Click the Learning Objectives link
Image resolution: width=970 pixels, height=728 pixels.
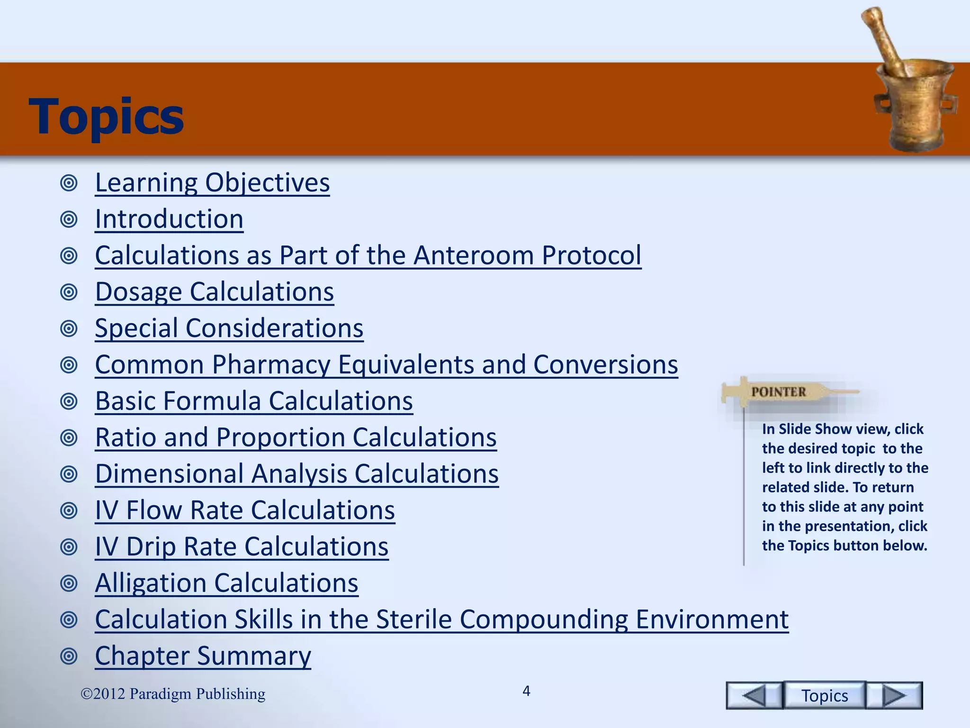tap(212, 183)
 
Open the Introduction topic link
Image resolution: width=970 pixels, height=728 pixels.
tap(169, 219)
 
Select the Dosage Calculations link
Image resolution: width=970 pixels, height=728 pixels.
tap(214, 292)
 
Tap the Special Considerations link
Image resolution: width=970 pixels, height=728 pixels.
tap(229, 328)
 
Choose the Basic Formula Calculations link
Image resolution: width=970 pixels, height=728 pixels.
tap(254, 401)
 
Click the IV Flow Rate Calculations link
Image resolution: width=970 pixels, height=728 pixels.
tap(245, 510)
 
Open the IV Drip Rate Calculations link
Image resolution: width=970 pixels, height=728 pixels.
tap(242, 547)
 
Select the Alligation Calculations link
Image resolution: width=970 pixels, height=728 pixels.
tap(226, 583)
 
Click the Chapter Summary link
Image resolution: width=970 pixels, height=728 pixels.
tap(203, 656)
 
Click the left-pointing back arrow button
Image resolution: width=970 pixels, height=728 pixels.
tap(754, 696)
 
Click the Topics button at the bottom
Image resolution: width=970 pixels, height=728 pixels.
tap(825, 696)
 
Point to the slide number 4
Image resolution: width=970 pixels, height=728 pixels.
tap(526, 692)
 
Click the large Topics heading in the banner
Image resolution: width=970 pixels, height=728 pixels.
tap(106, 117)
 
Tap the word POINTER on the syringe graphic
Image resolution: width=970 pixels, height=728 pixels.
tap(779, 392)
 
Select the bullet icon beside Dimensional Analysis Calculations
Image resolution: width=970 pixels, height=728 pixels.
tap(69, 474)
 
